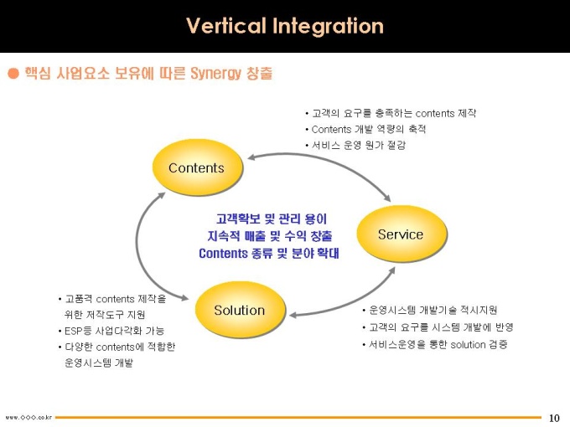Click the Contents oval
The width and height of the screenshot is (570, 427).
197,167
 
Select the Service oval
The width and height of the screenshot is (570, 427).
402,234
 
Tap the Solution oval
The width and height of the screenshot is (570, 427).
240,310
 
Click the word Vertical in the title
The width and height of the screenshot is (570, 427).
225,26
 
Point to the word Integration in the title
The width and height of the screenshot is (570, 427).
328,26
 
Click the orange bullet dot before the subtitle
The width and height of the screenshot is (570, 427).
13,74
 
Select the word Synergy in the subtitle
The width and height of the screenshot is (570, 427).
215,74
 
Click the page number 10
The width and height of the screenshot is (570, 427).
554,418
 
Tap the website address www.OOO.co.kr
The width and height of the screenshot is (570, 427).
28,418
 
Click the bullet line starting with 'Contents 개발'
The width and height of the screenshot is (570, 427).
365,129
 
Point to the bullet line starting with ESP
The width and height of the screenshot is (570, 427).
111,331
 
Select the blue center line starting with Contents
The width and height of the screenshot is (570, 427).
268,253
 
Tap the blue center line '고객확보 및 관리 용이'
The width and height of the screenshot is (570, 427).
272,219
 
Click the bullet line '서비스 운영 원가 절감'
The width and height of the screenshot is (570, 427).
355,145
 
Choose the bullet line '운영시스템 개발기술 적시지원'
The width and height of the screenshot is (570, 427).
430,310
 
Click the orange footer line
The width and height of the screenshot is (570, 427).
298,418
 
